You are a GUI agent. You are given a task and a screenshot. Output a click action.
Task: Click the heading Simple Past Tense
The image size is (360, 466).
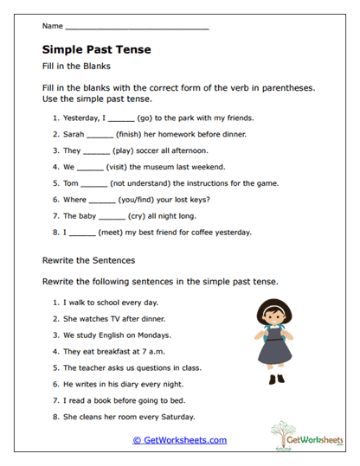96,50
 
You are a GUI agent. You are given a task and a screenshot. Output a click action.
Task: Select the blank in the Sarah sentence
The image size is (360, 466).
100,134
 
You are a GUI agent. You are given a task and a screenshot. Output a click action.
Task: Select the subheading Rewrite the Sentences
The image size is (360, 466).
88,259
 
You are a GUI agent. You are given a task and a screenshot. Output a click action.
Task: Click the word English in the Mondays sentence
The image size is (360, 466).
119,335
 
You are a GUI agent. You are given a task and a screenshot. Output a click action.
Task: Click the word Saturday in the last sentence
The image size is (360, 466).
189,417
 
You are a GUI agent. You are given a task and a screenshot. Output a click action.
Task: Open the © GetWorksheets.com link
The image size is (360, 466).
180,440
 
